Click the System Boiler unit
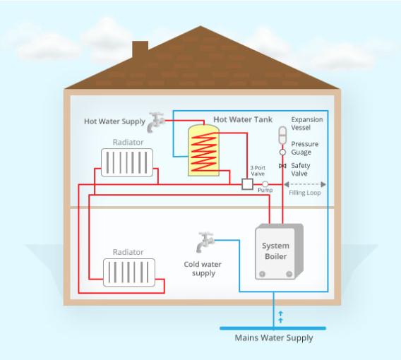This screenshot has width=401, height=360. (279, 251)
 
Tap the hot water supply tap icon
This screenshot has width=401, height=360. (155, 122)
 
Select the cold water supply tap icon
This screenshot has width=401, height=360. (205, 242)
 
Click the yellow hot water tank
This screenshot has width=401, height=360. (203, 150)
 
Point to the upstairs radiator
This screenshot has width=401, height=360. (127, 162)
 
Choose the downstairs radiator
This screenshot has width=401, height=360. (129, 272)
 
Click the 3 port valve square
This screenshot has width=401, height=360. (247, 184)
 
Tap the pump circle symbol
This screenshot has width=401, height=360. (265, 184)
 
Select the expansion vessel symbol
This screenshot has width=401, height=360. (282, 135)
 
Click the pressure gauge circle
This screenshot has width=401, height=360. (282, 152)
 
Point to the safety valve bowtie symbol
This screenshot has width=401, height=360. (282, 166)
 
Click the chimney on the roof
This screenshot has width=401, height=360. (140, 49)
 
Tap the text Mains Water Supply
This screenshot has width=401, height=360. (274, 338)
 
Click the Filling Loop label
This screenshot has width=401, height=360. (305, 193)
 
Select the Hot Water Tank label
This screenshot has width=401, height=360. (243, 119)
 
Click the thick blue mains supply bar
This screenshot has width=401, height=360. (273, 328)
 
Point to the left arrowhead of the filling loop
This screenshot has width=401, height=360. (286, 184)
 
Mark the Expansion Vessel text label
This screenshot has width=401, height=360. (307, 124)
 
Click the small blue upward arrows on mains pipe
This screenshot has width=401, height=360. (280, 317)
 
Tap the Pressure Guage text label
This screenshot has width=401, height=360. (305, 148)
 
